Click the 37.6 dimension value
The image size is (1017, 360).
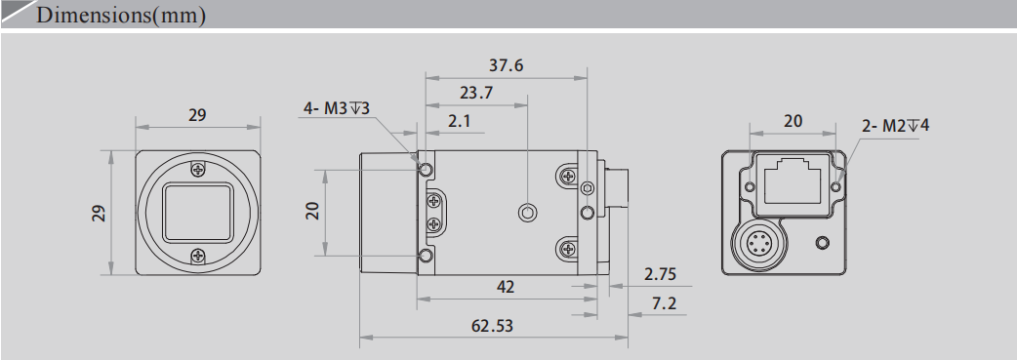pyautogui.click(x=506, y=66)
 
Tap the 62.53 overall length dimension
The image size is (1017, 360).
pyautogui.click(x=492, y=326)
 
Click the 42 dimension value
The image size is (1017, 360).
pyautogui.click(x=506, y=288)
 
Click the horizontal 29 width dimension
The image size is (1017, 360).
pyautogui.click(x=197, y=115)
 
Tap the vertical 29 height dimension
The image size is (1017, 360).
pyautogui.click(x=99, y=213)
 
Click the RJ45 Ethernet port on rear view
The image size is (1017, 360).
pyautogui.click(x=792, y=183)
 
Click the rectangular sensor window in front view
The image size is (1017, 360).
pyautogui.click(x=198, y=212)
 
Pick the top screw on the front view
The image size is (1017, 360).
pyautogui.click(x=198, y=169)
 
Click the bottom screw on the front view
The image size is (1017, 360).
pyautogui.click(x=198, y=256)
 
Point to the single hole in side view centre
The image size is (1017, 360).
pyautogui.click(x=527, y=212)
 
